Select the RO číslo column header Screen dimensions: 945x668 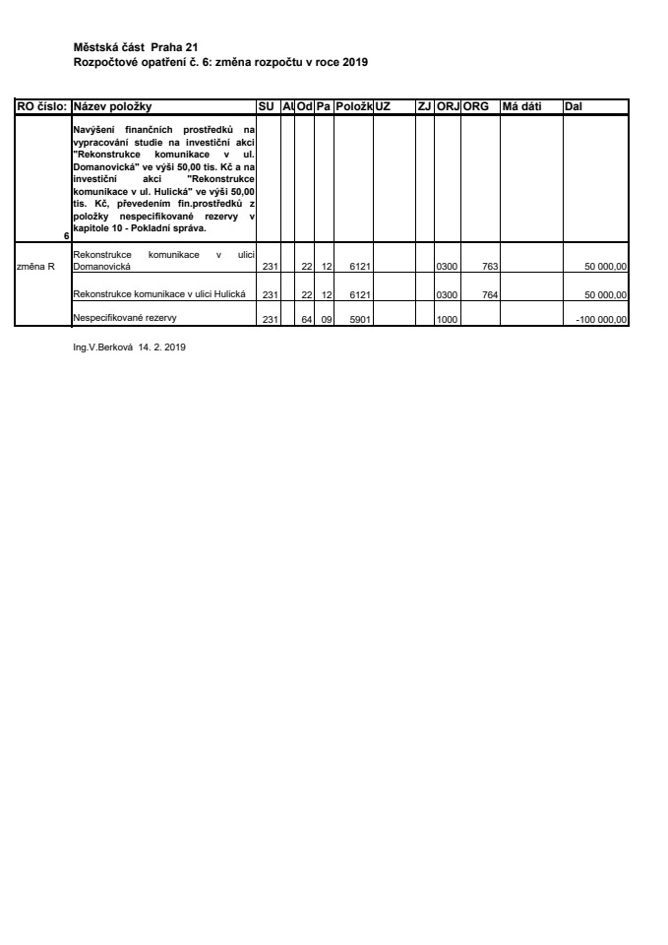click(41, 106)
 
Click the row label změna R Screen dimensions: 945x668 click(36, 266)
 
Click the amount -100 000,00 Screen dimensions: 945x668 click(601, 319)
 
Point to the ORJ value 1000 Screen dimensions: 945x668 click(447, 319)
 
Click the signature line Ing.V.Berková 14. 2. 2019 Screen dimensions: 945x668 click(123, 347)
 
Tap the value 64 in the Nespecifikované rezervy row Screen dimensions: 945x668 click(306, 319)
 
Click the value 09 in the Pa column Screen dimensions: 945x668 click(325, 319)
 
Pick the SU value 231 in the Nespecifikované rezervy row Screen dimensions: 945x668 click(272, 319)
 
